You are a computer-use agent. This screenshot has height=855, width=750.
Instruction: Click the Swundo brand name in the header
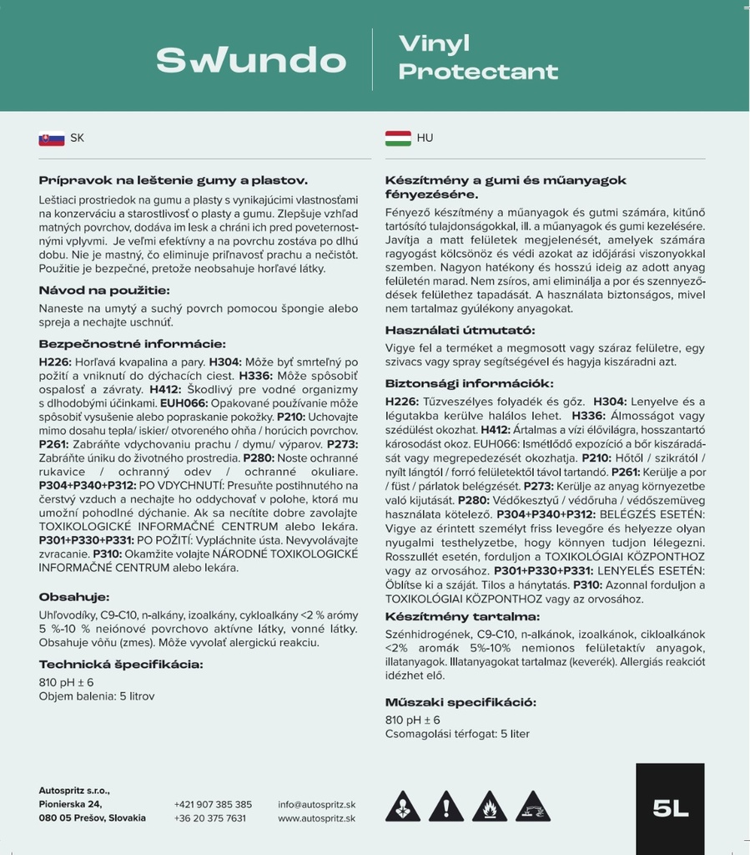click(x=250, y=60)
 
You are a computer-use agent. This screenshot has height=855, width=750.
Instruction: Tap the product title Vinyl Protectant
click(x=478, y=58)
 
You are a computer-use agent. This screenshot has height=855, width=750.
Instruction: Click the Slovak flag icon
click(x=51, y=139)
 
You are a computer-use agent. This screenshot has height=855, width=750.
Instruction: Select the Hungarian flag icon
click(x=397, y=139)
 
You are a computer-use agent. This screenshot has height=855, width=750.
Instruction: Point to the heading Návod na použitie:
click(x=104, y=291)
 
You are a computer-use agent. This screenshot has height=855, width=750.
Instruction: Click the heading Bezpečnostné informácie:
click(x=132, y=344)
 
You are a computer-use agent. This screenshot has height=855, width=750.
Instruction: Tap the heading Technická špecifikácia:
click(x=121, y=665)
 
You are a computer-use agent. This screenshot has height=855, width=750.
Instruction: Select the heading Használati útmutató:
click(x=460, y=331)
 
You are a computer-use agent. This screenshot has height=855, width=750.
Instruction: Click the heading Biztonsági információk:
click(x=469, y=383)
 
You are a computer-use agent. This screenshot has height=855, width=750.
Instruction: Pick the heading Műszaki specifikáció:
click(x=461, y=702)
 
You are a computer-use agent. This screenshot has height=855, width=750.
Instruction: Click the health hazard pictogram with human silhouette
click(x=402, y=807)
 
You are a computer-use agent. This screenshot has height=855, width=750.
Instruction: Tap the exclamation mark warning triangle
click(x=446, y=807)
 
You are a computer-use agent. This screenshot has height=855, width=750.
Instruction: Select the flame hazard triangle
click(x=490, y=807)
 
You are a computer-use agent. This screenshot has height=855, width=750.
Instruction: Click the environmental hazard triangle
click(x=533, y=807)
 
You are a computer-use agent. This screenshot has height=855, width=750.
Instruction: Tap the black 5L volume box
click(x=670, y=807)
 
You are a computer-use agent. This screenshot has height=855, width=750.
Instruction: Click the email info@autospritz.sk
click(x=317, y=804)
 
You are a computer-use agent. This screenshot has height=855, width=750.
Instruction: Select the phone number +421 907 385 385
click(x=213, y=804)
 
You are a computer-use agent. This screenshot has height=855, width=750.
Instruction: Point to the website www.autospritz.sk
click(x=317, y=818)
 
